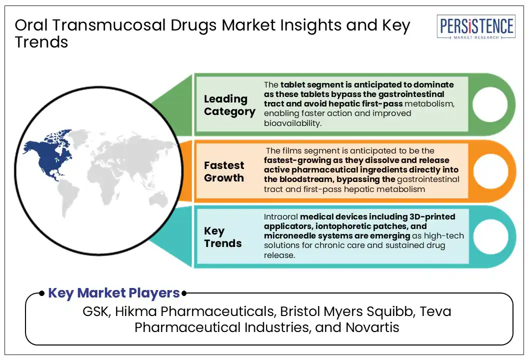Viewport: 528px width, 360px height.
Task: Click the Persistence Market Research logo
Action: pyautogui.click(x=476, y=27)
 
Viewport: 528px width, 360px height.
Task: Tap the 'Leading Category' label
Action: pyautogui.click(x=229, y=105)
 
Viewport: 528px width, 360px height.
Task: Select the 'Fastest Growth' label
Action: pyautogui.click(x=224, y=171)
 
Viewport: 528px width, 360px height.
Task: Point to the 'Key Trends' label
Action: pyautogui.click(x=222, y=237)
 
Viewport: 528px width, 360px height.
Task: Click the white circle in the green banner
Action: pyautogui.click(x=490, y=104)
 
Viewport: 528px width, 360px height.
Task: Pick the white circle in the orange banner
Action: pyautogui.click(x=490, y=170)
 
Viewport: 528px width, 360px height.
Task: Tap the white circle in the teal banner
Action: pyautogui.click(x=490, y=236)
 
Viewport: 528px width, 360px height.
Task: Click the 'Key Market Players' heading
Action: pyautogui.click(x=114, y=293)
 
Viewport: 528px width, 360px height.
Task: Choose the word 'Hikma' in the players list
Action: pyautogui.click(x=136, y=311)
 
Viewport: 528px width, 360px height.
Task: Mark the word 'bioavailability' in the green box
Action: pyautogui.click(x=292, y=123)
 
